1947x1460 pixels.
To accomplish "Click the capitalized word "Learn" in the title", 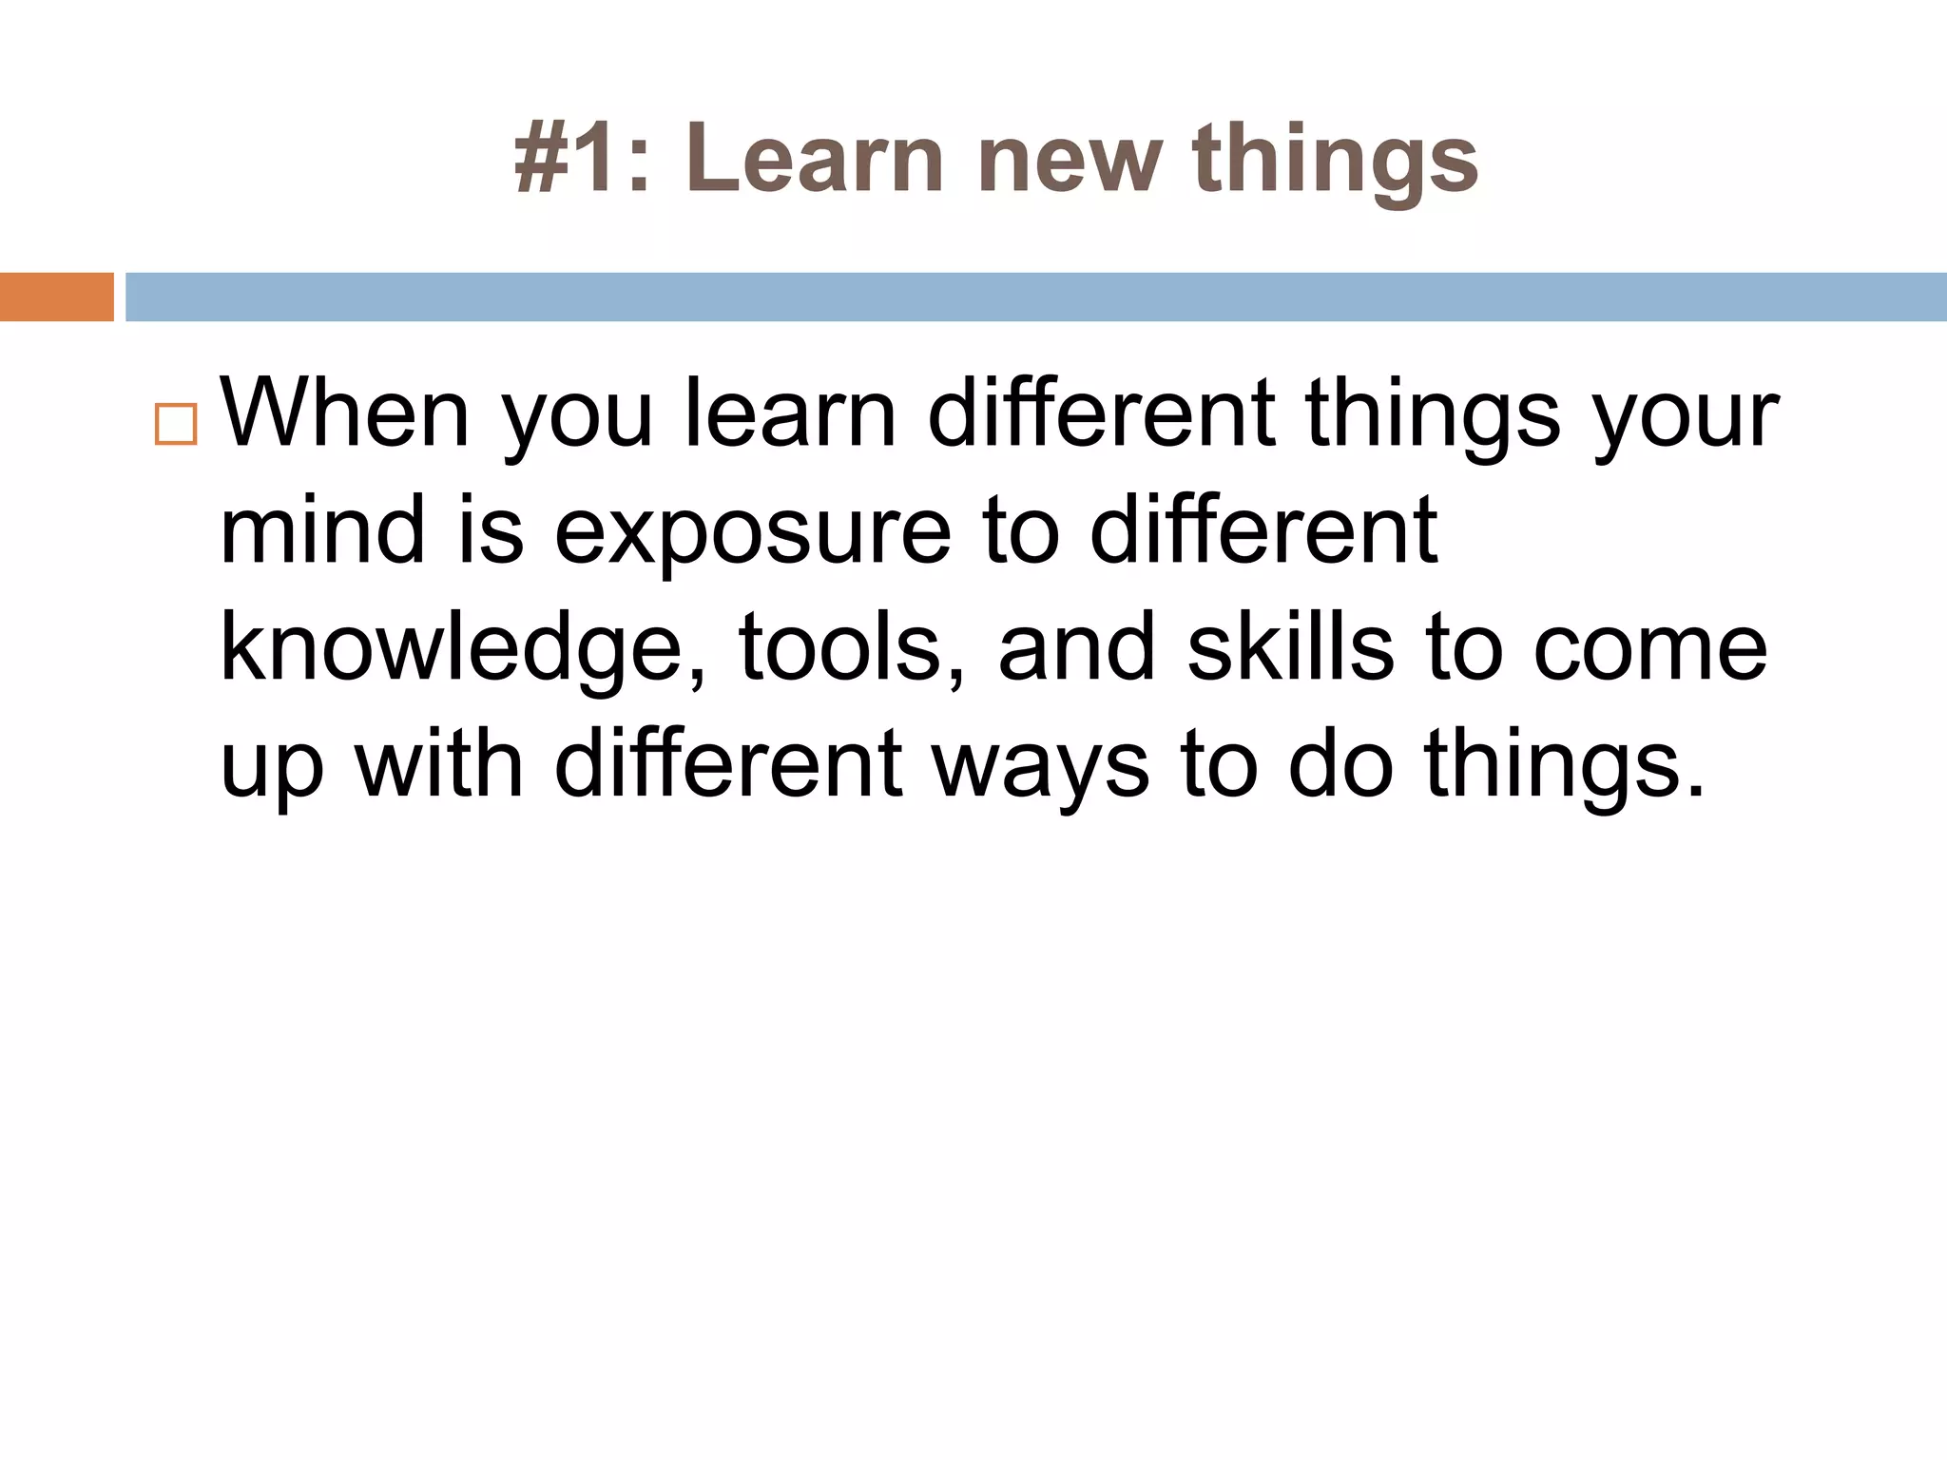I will click(814, 160).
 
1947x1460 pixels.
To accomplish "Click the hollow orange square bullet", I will click(176, 424).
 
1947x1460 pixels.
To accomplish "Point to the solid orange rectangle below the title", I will click(56, 297).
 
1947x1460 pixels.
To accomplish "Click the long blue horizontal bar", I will click(1035, 297).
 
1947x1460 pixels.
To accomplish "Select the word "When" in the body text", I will click(344, 414).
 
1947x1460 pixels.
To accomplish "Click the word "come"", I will click(1650, 651).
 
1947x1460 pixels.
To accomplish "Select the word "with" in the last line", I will click(439, 765).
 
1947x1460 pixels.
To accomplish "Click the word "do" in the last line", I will click(1340, 765).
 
